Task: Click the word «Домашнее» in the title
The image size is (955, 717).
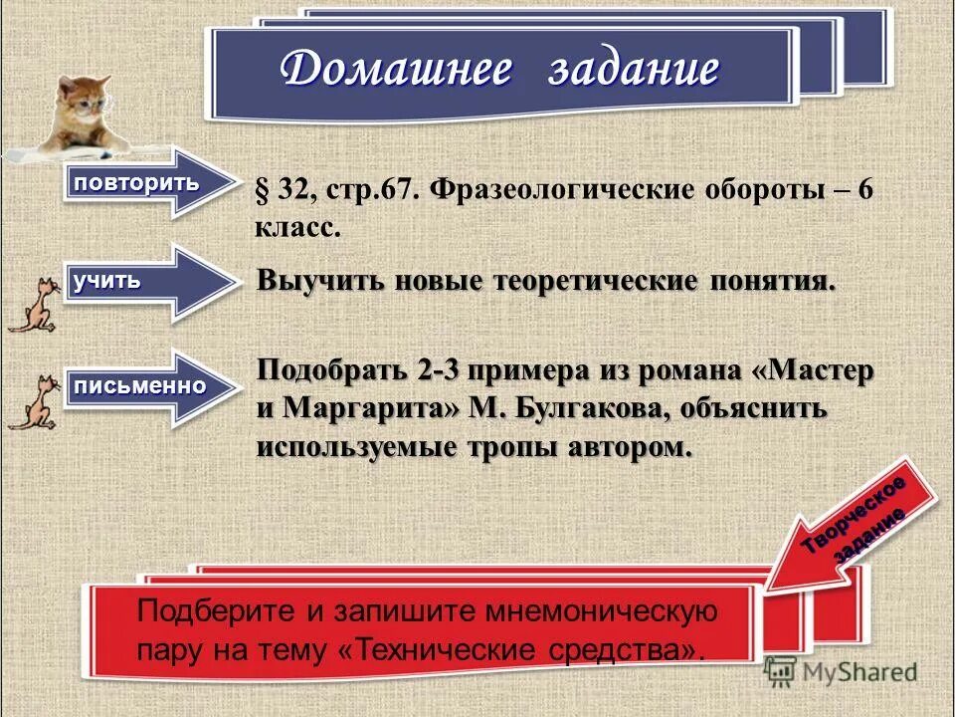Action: (x=397, y=71)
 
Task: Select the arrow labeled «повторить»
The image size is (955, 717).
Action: (x=148, y=183)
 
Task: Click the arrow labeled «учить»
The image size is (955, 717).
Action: (x=148, y=283)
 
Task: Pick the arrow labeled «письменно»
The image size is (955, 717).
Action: (x=148, y=386)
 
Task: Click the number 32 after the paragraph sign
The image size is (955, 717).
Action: (x=290, y=190)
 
